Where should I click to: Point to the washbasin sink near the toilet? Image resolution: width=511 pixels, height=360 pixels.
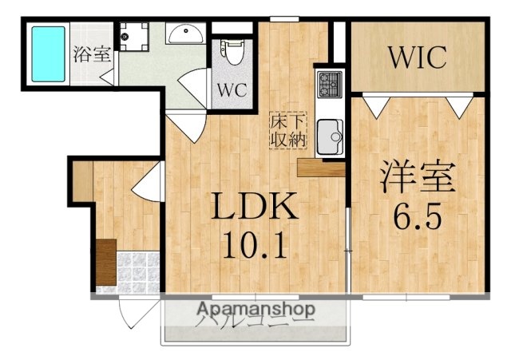pyautogui.click(x=186, y=34)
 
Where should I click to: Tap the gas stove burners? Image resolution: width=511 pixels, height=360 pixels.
pyautogui.click(x=330, y=81)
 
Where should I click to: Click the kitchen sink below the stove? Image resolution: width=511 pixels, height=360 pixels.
pyautogui.click(x=329, y=136)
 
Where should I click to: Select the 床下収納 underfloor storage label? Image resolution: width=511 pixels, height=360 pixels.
pyautogui.click(x=287, y=129)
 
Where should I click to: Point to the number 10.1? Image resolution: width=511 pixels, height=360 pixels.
pyautogui.click(x=255, y=245)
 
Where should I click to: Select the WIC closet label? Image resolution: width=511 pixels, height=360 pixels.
pyautogui.click(x=418, y=57)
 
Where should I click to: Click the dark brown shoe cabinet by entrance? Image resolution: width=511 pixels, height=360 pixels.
pyautogui.click(x=105, y=261)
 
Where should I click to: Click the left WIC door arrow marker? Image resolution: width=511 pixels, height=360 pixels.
pyautogui.click(x=377, y=103)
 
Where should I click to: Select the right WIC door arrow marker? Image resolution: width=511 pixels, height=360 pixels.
pyautogui.click(x=458, y=104)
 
